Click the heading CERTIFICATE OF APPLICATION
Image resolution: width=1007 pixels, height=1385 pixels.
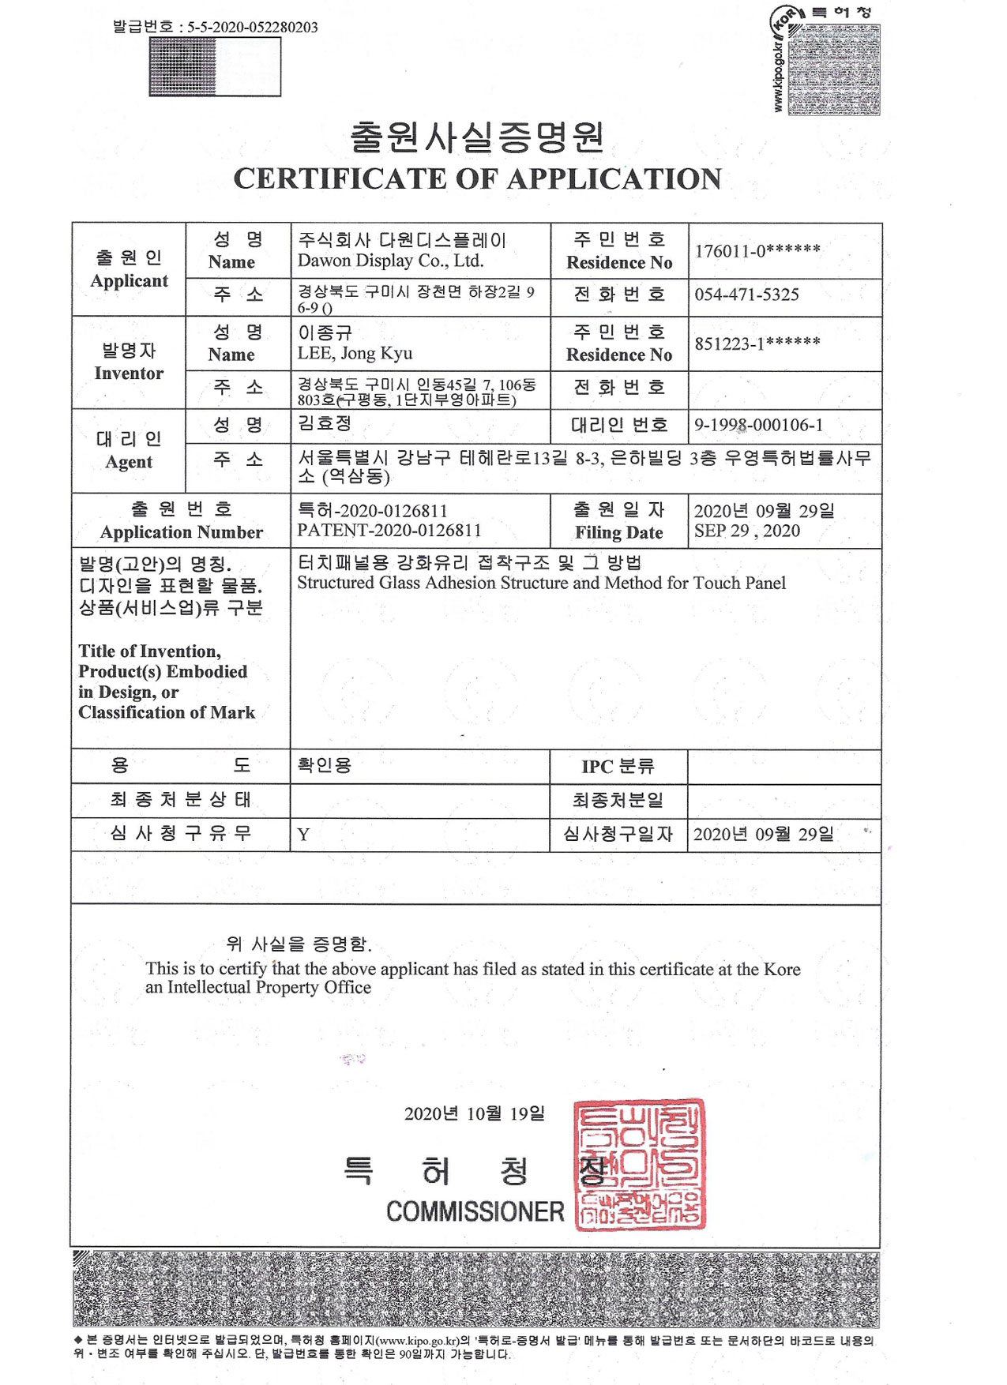477,179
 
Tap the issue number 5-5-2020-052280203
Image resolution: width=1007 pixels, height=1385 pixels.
252,27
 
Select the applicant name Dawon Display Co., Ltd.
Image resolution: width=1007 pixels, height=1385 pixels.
390,261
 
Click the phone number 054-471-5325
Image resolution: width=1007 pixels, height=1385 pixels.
746,295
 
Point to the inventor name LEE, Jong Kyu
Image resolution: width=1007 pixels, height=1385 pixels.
355,354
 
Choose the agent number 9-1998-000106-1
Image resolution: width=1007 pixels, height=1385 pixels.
758,426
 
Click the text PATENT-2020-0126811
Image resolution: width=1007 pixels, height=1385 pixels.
389,531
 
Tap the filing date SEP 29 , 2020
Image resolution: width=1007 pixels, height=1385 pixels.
746,531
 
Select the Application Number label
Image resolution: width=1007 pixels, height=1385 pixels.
181,533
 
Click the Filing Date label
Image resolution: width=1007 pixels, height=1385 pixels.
618,533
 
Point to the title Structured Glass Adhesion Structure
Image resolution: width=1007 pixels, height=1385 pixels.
541,584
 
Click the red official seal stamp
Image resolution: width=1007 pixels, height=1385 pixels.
640,1164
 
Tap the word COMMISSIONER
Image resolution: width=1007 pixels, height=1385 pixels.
475,1211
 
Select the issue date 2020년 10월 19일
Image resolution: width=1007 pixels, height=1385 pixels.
474,1114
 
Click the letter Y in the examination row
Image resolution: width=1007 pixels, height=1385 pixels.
303,835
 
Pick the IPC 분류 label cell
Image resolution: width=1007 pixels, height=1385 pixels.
618,767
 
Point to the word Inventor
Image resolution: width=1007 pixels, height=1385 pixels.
129,373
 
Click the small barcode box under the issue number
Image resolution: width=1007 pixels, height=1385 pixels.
215,67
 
